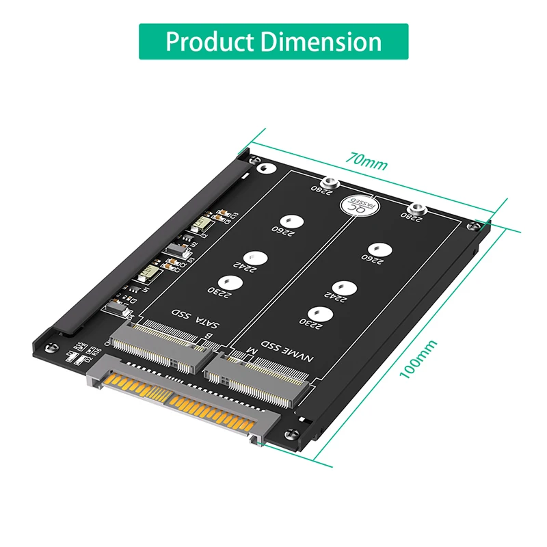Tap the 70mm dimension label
[x=365, y=163]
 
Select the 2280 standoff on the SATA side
[x=330, y=183]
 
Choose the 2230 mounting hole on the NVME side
[x=325, y=314]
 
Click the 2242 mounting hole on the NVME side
[x=341, y=289]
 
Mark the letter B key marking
[x=209, y=336]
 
